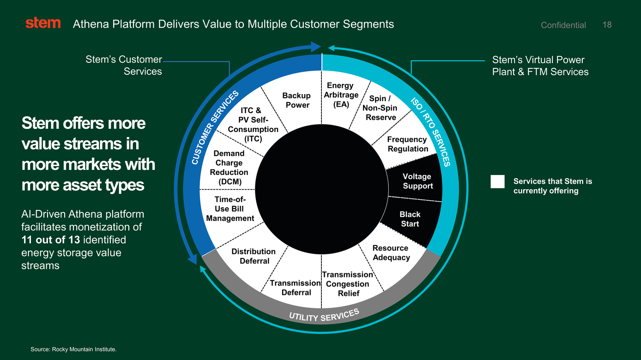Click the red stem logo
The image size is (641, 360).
[x=43, y=23]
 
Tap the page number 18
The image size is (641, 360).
[x=607, y=25]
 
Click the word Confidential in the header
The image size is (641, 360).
[x=563, y=25]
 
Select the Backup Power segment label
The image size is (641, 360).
[x=296, y=100]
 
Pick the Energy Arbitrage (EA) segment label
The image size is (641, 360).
[x=341, y=95]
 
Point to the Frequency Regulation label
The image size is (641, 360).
[x=408, y=144]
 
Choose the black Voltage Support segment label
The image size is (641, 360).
[x=417, y=181]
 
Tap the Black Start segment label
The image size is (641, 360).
[x=410, y=219]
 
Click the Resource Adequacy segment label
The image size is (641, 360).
[x=391, y=252]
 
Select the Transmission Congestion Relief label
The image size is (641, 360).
[x=347, y=284]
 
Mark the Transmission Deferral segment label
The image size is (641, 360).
[x=296, y=288]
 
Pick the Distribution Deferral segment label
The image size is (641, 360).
[x=254, y=256]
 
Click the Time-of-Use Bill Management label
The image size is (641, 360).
[x=230, y=209]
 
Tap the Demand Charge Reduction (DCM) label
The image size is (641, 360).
[x=229, y=168]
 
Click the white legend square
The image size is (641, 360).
[x=497, y=181]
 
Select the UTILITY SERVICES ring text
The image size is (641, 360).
[x=324, y=315]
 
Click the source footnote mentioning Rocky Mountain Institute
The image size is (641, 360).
[x=73, y=349]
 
